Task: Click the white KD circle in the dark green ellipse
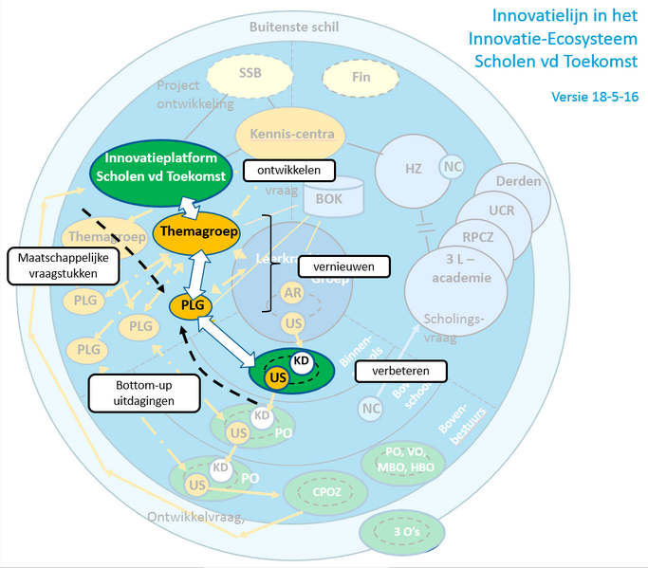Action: [x=301, y=361]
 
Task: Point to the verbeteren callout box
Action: [x=390, y=371]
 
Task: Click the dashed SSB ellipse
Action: [x=250, y=73]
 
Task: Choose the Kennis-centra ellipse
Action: [x=292, y=134]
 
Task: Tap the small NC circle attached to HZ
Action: [x=453, y=168]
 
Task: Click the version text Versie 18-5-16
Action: [x=593, y=96]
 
